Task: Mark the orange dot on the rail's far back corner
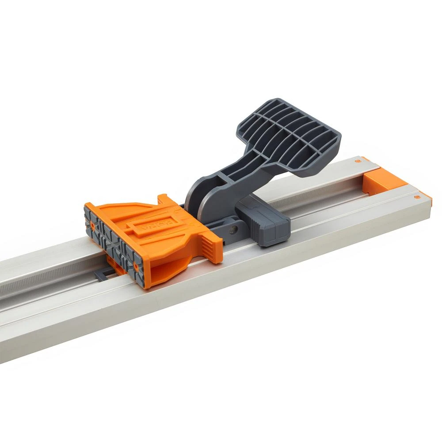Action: pyautogui.click(x=357, y=163)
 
